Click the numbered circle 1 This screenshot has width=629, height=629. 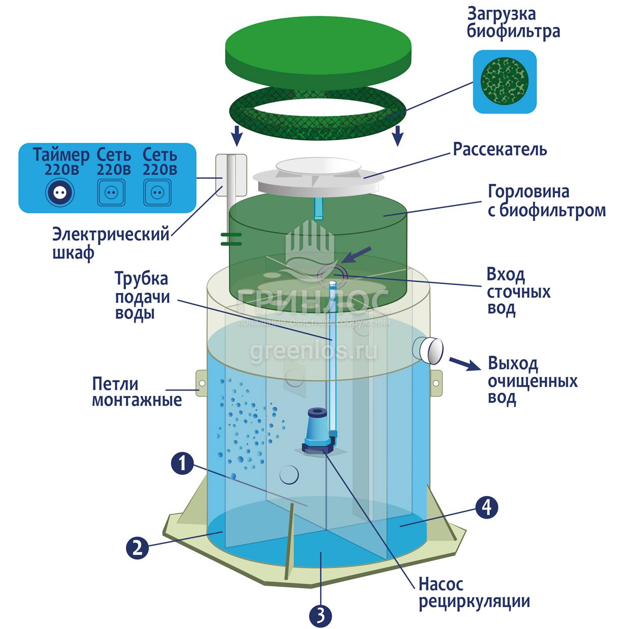tap(182, 463)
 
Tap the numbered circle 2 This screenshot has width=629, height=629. tap(137, 548)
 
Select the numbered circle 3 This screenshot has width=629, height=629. tap(320, 615)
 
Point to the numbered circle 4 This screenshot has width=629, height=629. tap(486, 507)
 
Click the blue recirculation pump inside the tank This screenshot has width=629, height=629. tap(319, 430)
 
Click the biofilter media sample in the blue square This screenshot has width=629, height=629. tap(505, 82)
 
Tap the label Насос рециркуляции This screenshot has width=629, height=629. tap(474, 592)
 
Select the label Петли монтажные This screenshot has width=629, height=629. tap(137, 392)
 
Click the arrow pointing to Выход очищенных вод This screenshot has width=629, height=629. tap(464, 363)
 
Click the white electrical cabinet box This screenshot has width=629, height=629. tap(232, 172)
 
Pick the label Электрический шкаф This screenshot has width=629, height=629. tap(111, 243)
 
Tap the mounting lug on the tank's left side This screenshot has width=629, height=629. tap(202, 383)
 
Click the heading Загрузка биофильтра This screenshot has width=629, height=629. tap(513, 22)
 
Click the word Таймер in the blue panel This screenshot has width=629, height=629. tap(61, 154)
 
